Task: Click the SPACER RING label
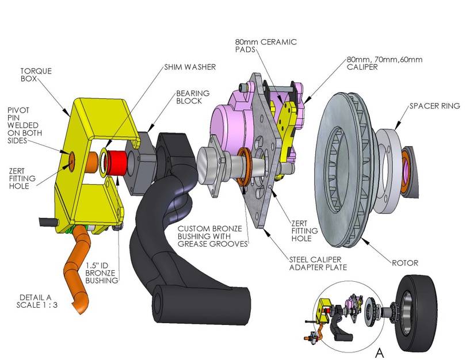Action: (434, 106)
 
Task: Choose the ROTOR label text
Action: (405, 262)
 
